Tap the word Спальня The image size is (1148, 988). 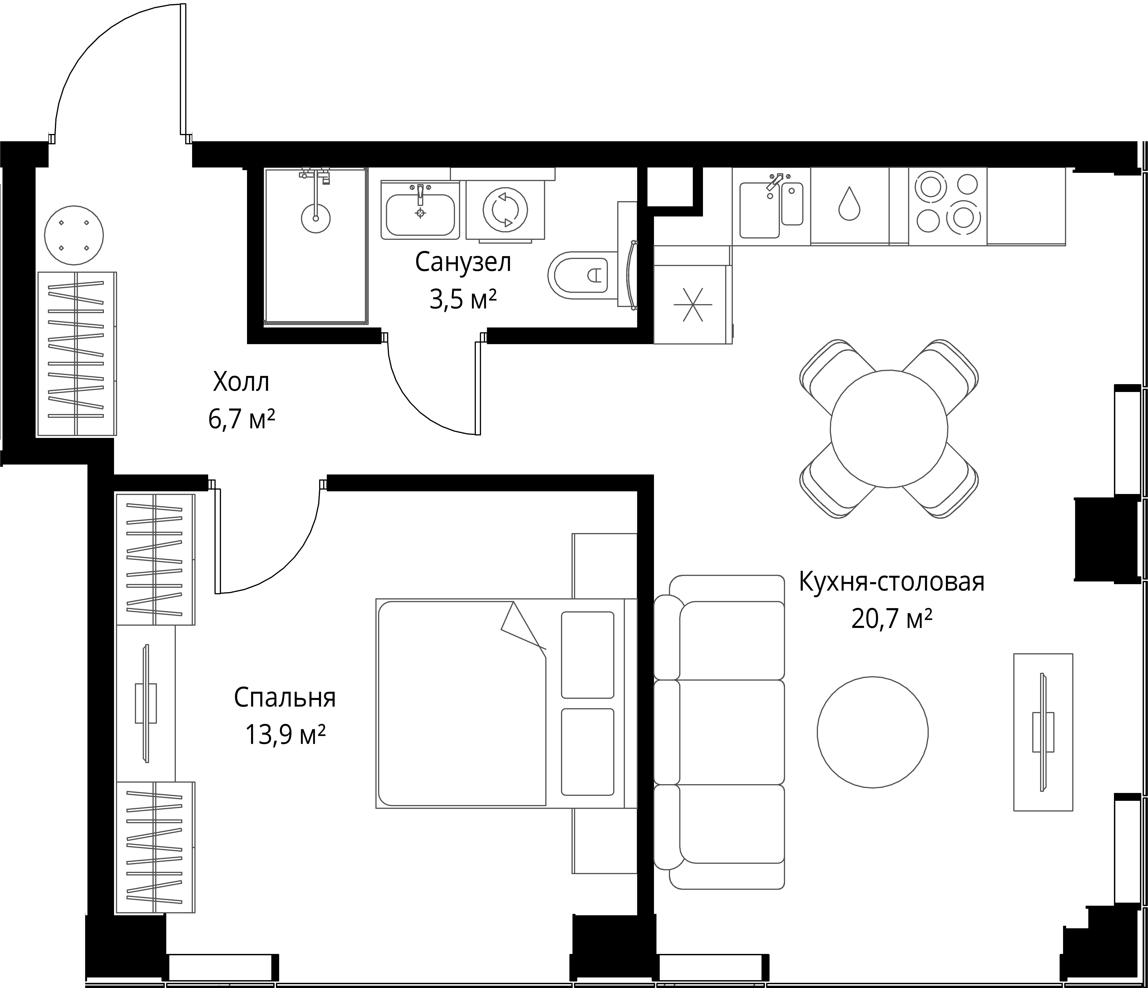click(285, 698)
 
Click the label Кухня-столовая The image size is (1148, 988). click(891, 582)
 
